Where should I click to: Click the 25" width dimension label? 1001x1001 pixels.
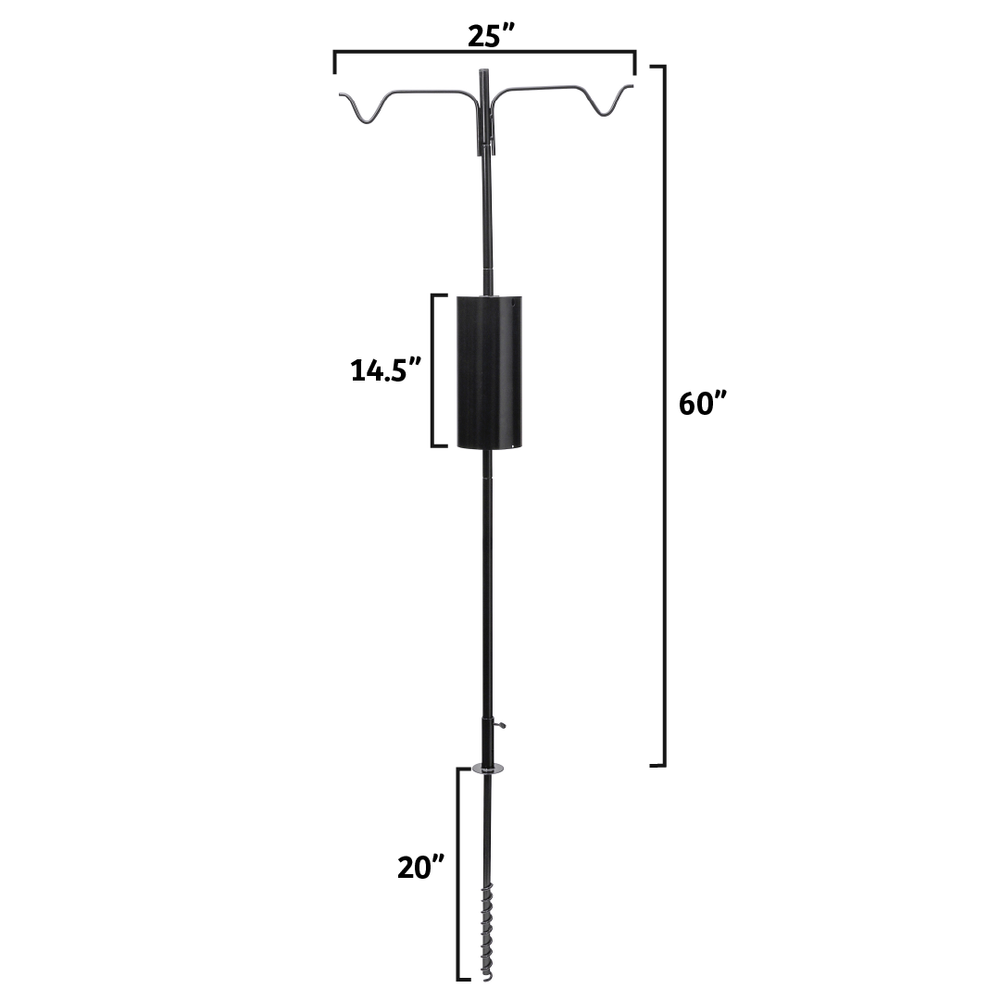tap(484, 36)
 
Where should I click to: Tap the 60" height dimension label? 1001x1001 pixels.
tap(704, 405)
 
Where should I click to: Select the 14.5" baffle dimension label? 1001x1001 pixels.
tap(386, 369)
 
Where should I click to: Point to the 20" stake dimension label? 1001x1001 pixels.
tap(421, 868)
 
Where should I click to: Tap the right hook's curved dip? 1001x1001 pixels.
tap(603, 112)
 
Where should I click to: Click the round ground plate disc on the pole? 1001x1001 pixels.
tap(486, 768)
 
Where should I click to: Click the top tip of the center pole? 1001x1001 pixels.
tap(482, 72)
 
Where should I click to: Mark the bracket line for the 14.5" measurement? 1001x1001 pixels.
tap(433, 370)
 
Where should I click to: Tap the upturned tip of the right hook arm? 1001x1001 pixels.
tap(631, 86)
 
